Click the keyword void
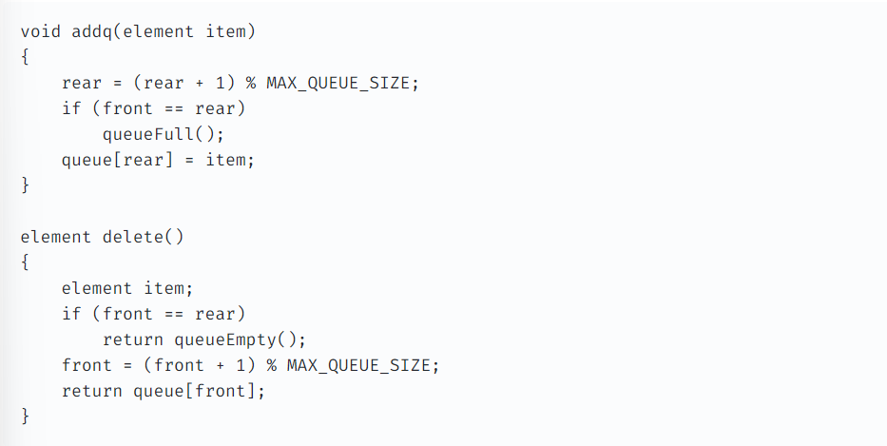tap(41, 31)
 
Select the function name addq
tap(92, 31)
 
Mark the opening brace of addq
tap(25, 57)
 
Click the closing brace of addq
tap(25, 185)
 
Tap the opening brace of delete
tap(25, 262)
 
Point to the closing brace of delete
tap(25, 417)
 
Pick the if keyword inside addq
tap(71, 108)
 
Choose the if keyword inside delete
tap(71, 314)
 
